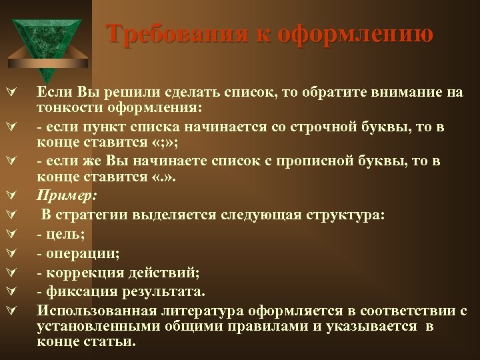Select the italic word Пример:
pos(68,197)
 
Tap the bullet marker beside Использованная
pos(12,311)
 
